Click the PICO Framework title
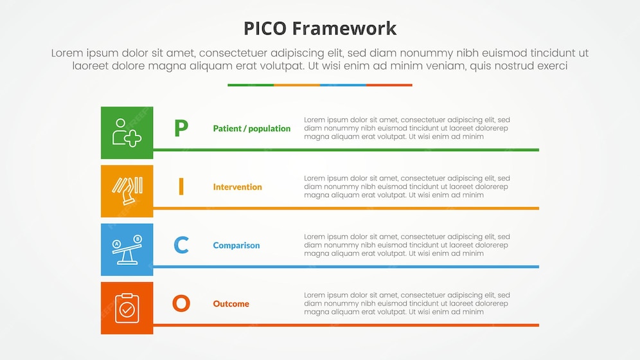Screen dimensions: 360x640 [320, 28]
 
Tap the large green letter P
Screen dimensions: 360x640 [181, 128]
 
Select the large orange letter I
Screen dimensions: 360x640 [181, 186]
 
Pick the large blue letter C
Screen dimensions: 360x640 [181, 245]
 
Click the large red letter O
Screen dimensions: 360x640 [181, 303]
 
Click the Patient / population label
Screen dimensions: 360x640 [251, 129]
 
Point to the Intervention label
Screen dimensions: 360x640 [237, 187]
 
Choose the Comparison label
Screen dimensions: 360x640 [236, 246]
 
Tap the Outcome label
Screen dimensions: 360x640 [231, 304]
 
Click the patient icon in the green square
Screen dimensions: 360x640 [127, 132]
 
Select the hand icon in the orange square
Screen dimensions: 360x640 [127, 191]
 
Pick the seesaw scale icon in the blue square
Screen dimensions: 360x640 [127, 249]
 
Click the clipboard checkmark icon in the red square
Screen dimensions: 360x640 [127, 308]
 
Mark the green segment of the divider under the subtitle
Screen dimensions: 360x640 [251, 85]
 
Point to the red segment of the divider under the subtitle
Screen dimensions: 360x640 [389, 85]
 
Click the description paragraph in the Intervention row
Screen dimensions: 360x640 [407, 186]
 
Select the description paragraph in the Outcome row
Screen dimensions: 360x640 [407, 303]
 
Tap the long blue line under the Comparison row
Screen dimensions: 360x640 [346, 267]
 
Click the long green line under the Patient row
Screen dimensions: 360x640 [346, 150]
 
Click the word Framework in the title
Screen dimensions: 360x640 [344, 28]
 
